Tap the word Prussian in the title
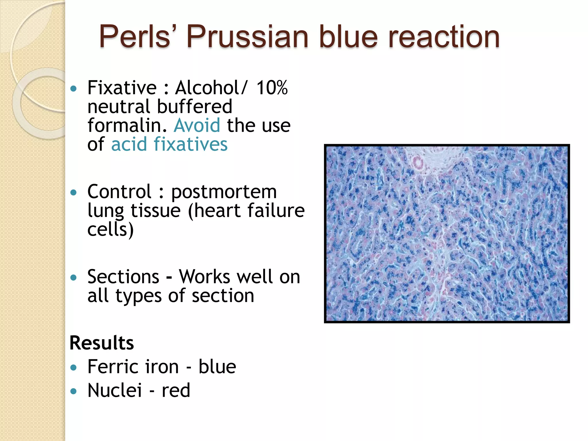click(x=247, y=37)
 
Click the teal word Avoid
click(x=197, y=125)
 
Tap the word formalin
click(x=127, y=125)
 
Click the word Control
click(x=119, y=192)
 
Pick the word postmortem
click(x=224, y=192)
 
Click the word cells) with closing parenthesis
click(x=111, y=230)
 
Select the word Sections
click(x=123, y=277)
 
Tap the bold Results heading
click(x=102, y=343)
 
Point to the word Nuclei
click(x=115, y=390)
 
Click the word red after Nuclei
click(x=176, y=391)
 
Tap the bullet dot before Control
click(x=74, y=192)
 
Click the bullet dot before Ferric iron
click(x=74, y=367)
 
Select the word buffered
click(x=194, y=107)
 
